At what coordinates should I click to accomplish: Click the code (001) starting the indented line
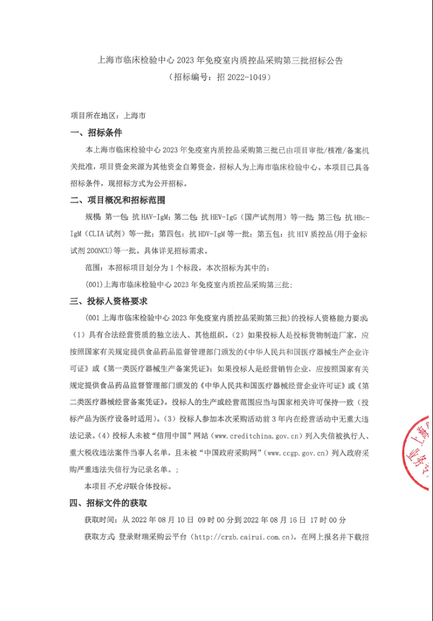pos(95,284)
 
